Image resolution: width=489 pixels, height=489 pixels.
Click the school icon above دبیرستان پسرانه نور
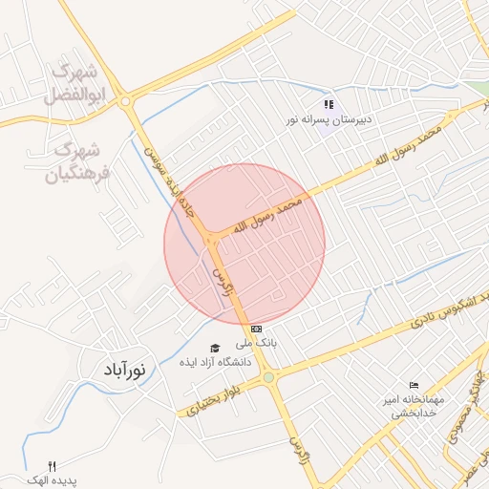click(329, 104)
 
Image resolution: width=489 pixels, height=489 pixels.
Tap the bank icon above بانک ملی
click(256, 329)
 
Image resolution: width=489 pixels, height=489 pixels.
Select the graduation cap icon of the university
click(214, 348)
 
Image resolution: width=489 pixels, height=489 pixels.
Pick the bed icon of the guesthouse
click(413, 384)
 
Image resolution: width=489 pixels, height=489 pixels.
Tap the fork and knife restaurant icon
click(53, 464)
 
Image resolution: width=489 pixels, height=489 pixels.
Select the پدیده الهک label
click(53, 479)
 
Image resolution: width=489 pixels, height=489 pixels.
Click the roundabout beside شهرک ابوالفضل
click(126, 100)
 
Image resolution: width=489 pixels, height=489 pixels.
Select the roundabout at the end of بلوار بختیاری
click(268, 377)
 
